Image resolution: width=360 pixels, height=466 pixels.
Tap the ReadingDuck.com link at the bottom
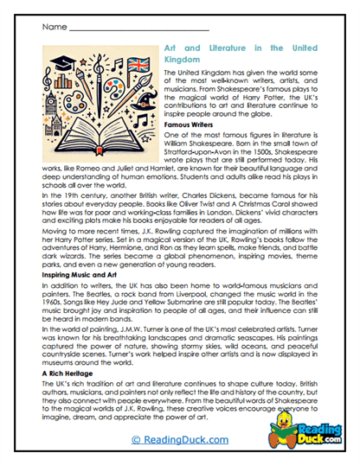[179, 439]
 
